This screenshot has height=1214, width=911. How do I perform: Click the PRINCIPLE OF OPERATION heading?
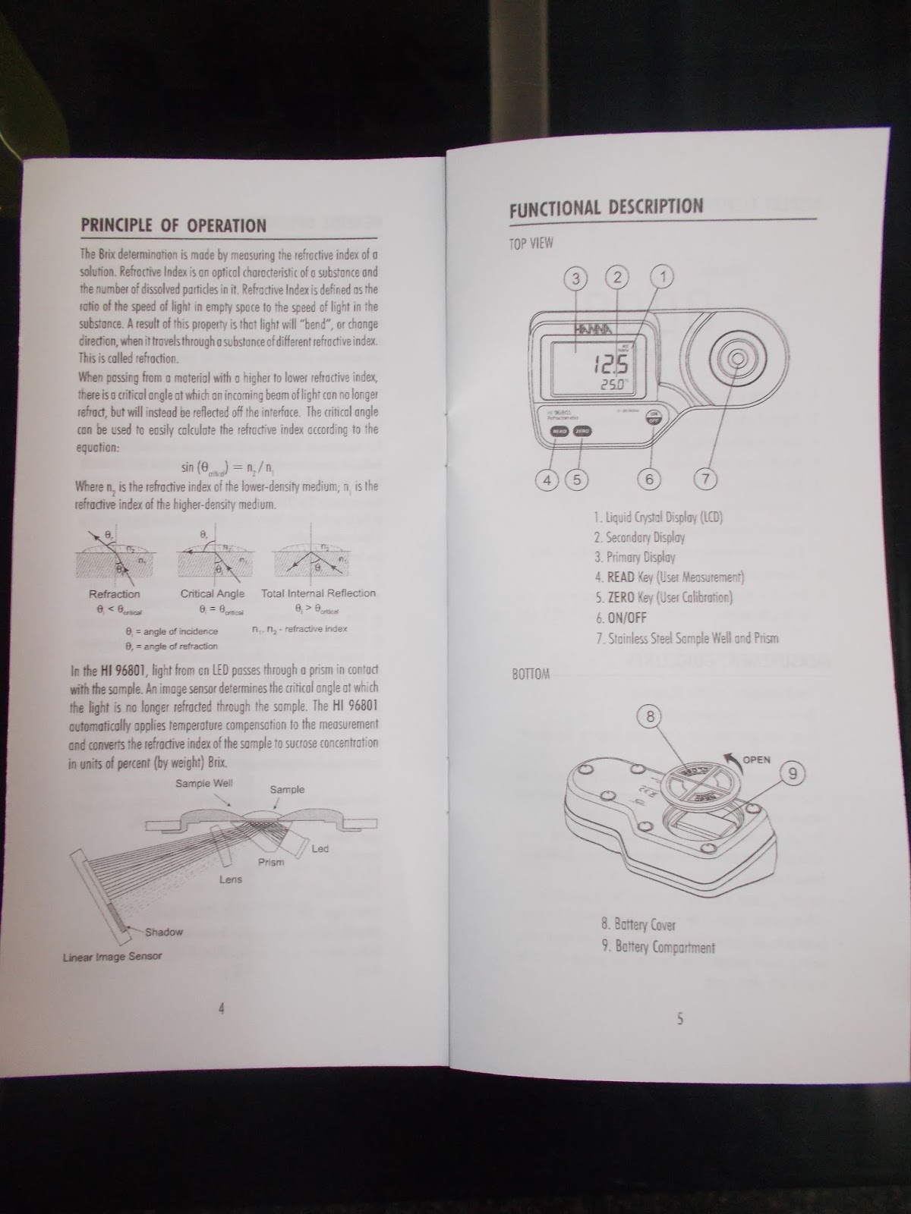click(x=174, y=225)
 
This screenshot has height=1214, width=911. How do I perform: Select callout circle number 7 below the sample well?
click(x=705, y=479)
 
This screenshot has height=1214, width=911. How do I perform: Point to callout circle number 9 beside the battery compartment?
click(x=793, y=774)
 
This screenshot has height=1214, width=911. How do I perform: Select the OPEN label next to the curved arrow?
click(x=756, y=760)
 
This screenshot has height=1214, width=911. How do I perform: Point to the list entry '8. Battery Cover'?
click(x=638, y=925)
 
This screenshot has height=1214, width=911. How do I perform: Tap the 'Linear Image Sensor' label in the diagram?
click(x=112, y=957)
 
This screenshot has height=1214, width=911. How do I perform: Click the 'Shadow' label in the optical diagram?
click(x=163, y=932)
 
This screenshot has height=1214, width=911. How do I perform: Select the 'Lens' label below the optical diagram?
click(x=231, y=879)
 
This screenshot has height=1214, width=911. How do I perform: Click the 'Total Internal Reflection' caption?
click(x=318, y=593)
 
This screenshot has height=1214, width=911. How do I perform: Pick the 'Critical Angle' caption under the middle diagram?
click(x=213, y=594)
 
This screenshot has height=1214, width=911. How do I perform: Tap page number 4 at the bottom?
click(x=221, y=1008)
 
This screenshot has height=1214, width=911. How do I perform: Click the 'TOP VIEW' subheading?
click(x=531, y=244)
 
